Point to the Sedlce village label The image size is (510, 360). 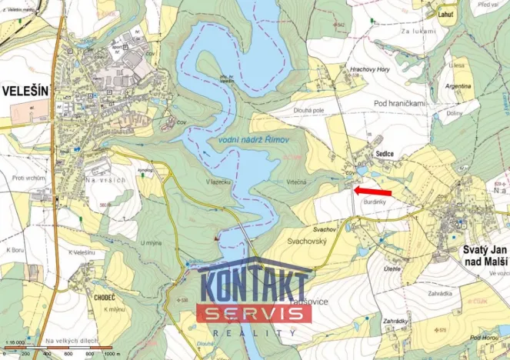[385, 154]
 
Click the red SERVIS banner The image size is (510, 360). [254, 313]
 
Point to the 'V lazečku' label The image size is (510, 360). [218, 182]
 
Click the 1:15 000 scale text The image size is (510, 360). [15, 339]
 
